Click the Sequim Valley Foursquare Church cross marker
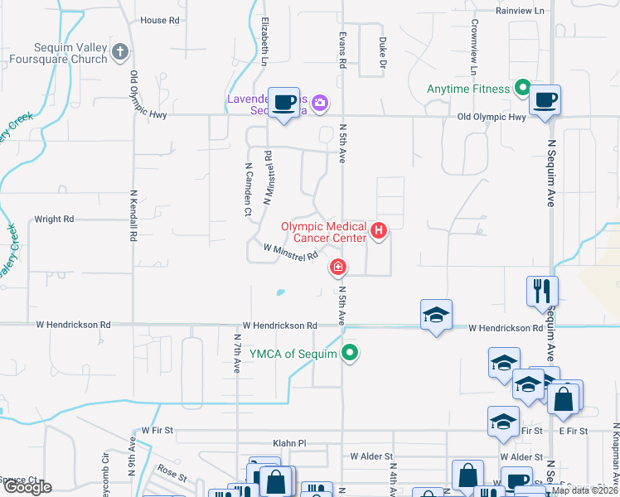click(x=120, y=53)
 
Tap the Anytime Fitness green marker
click(x=522, y=86)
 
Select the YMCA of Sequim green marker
click(x=350, y=354)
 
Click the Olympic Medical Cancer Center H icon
click(x=378, y=230)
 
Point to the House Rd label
click(x=159, y=21)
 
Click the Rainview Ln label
click(x=521, y=11)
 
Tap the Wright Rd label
click(x=54, y=220)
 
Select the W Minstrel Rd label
click(x=291, y=252)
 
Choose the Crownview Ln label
click(x=473, y=42)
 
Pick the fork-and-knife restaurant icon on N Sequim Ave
click(x=542, y=291)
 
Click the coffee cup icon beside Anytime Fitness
click(x=545, y=100)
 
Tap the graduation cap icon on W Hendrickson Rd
click(x=436, y=315)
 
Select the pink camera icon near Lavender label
click(x=319, y=104)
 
